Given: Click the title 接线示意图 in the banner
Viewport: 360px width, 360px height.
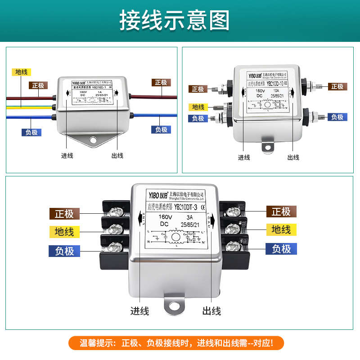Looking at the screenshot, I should pos(175,20).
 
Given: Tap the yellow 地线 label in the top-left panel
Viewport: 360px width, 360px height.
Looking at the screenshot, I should pos(21,72).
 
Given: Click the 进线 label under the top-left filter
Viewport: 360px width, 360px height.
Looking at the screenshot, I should pos(67,156).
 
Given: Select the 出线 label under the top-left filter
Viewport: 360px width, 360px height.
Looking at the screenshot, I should pos(117,156).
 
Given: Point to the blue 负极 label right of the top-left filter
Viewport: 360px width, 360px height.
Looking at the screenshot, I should pos(161,130).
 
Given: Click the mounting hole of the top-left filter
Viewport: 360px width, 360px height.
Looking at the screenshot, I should pos(93,140).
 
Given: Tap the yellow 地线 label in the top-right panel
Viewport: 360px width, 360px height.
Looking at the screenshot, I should pos(198,107).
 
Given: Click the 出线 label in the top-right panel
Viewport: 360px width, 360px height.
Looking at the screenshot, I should pos(293,157).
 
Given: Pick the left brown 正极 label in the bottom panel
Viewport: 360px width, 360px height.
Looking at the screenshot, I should pos(64,214).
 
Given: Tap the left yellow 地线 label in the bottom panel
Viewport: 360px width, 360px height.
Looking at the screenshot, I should pos(64,232).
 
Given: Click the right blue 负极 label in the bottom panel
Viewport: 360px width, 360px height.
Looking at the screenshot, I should pos(281,249).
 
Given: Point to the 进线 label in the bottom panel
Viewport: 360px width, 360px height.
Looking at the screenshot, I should pos(140,311).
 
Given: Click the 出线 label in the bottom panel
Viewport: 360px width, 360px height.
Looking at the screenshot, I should pos(211,311).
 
